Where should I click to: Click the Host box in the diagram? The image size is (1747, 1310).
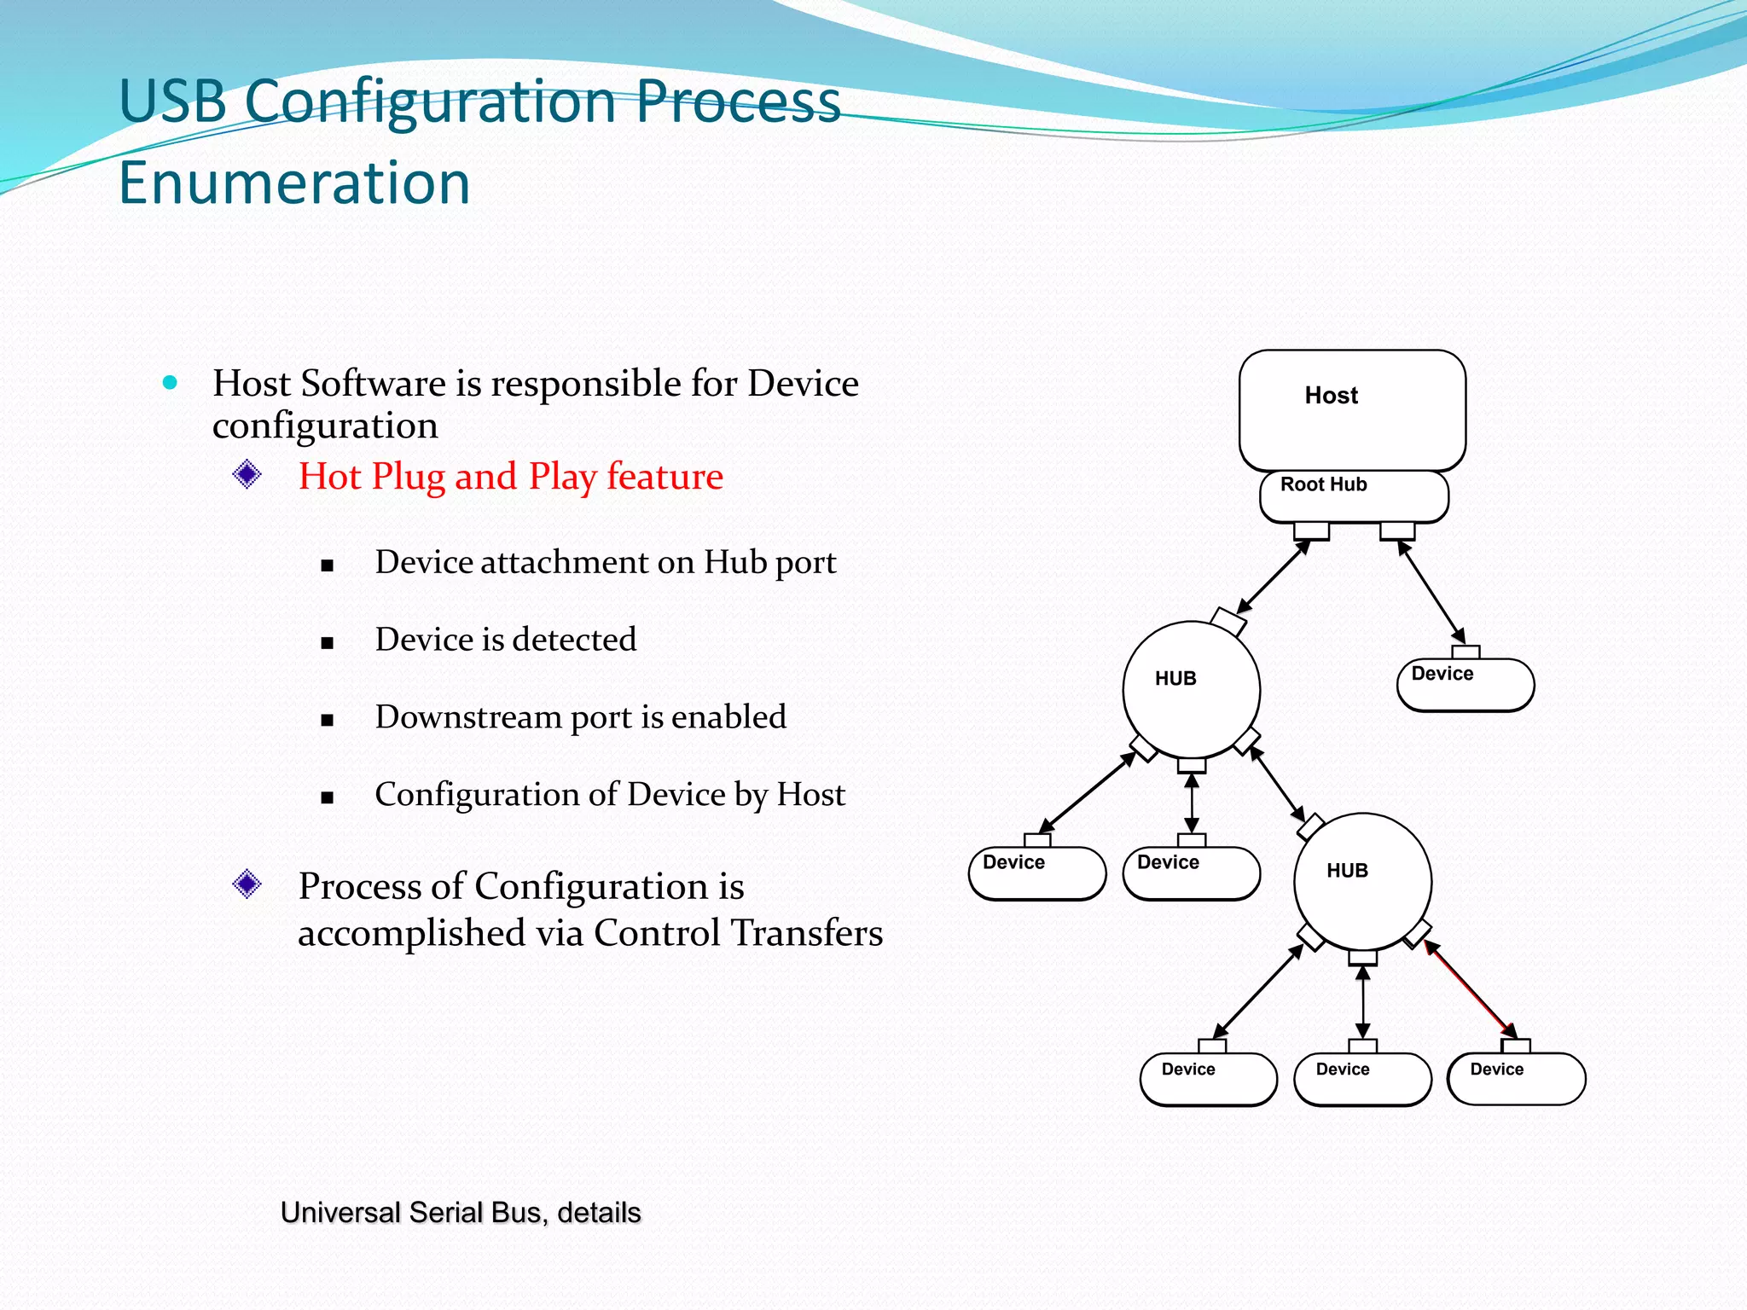point(1352,409)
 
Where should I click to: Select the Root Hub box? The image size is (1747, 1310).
point(1354,496)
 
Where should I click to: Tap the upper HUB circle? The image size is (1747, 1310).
point(1191,689)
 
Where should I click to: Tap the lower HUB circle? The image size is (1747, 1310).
point(1362,881)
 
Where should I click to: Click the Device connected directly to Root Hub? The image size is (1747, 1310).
point(1465,684)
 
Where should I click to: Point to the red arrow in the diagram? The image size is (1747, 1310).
point(1469,988)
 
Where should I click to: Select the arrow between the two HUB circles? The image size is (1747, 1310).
point(1277,784)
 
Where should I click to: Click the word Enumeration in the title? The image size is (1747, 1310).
point(294,183)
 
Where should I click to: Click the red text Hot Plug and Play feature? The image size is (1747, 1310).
point(510,476)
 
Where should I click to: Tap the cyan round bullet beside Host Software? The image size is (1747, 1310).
point(170,383)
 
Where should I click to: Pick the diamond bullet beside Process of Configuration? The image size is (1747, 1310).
point(247,884)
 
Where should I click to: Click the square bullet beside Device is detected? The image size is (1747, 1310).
point(327,643)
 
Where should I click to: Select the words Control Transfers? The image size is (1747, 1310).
point(738,932)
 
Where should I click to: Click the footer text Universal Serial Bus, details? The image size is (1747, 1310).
point(461,1212)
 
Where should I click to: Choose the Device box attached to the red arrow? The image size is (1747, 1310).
point(1516,1079)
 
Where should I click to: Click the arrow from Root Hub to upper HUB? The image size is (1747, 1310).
point(1272,577)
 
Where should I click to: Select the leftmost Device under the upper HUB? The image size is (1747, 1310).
point(1036,872)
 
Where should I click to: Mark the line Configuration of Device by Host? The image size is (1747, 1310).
point(609,794)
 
